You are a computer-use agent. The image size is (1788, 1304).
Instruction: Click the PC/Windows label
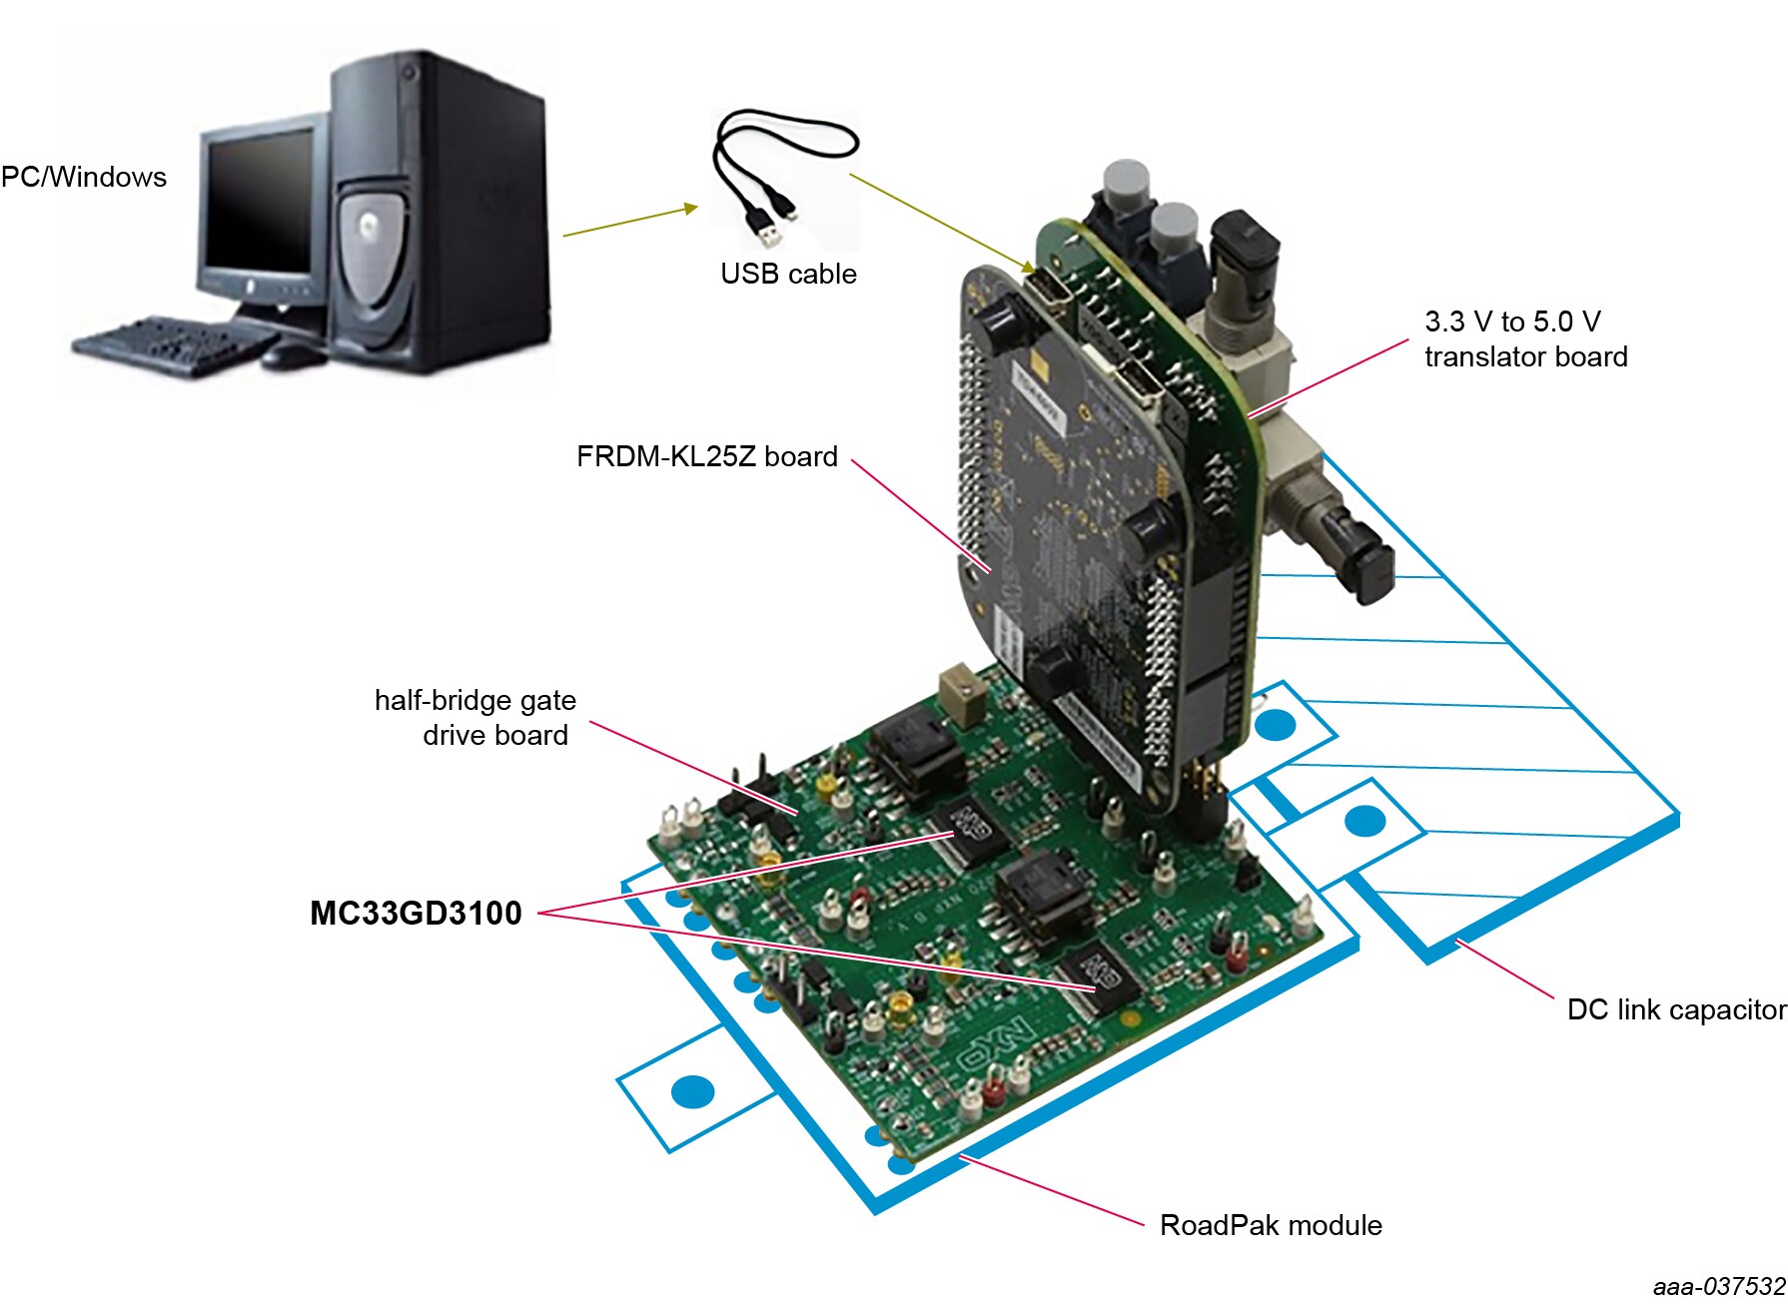pos(84,177)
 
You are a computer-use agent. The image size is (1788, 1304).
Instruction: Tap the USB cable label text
pos(788,274)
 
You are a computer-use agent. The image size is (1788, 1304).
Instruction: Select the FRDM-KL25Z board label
pos(706,456)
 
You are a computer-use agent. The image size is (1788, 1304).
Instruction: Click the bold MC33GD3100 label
pos(416,913)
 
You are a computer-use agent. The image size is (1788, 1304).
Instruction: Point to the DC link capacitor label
pos(1675,1009)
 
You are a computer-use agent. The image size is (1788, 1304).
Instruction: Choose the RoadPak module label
pos(1270,1225)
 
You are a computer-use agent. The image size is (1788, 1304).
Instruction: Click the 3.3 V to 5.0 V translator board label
pos(1525,339)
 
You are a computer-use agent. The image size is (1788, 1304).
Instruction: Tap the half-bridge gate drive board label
pos(474,717)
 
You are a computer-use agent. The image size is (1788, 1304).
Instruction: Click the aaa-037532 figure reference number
pos(1718,1286)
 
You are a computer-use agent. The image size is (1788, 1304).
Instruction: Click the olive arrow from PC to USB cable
pos(629,221)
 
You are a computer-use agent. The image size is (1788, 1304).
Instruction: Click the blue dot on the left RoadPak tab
pos(692,1092)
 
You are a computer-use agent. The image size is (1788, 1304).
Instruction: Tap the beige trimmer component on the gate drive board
pos(960,694)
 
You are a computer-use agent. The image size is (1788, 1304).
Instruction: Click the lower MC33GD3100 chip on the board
pos(1100,977)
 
